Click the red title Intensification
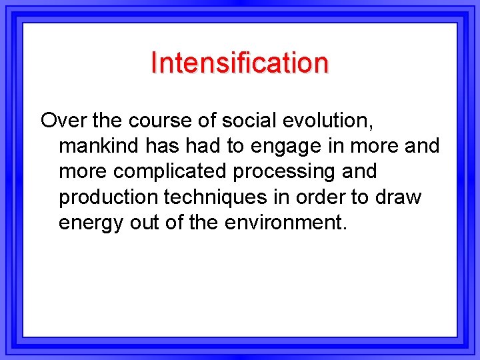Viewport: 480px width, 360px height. (x=239, y=63)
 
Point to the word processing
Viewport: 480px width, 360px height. (x=285, y=172)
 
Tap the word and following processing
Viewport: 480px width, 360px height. (x=360, y=171)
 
